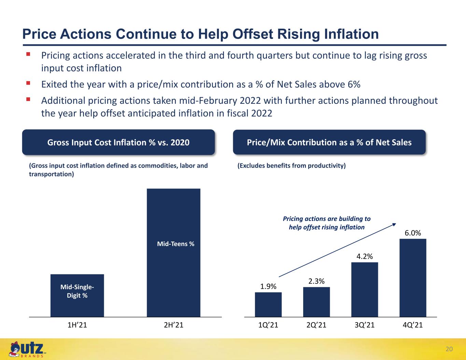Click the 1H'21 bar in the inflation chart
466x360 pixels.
[x=77, y=296]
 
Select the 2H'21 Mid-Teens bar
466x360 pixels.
[x=173, y=253]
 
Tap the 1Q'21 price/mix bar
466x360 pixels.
[x=268, y=304]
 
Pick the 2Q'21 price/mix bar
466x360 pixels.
[x=316, y=302]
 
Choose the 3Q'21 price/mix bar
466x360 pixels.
[x=365, y=289]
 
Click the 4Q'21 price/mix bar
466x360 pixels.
[x=413, y=278]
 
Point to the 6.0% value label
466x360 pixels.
[x=413, y=233]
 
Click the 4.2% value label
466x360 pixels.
[x=365, y=256]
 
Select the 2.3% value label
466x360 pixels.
[x=316, y=281]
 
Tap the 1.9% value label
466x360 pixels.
[x=268, y=286]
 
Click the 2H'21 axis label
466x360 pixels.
[x=173, y=325]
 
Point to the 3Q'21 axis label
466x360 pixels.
[x=365, y=325]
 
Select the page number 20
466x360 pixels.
[x=449, y=349]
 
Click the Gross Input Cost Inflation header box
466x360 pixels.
[x=118, y=142]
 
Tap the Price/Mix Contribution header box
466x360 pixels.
[x=329, y=142]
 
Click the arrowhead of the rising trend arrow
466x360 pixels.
[x=395, y=224]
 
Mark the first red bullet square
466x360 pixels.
[x=28, y=54]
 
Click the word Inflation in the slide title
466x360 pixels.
[x=351, y=34]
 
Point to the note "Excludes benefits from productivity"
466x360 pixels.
[x=292, y=165]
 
